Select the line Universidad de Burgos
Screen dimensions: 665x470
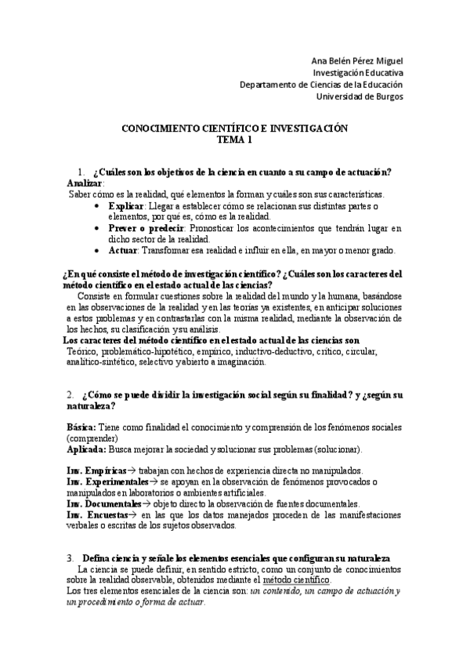pyautogui.click(x=360, y=96)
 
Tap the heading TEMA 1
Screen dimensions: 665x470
pyautogui.click(x=235, y=140)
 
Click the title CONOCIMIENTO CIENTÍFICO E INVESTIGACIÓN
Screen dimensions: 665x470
pyautogui.click(x=235, y=128)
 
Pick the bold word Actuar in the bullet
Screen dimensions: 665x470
pyautogui.click(x=124, y=251)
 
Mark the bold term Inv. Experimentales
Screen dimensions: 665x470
pyautogui.click(x=105, y=481)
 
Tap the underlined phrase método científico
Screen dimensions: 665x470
pyautogui.click(x=297, y=580)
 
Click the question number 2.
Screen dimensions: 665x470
pyautogui.click(x=70, y=394)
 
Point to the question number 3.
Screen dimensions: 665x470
pyautogui.click(x=70, y=557)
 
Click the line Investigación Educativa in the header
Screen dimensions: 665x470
pyautogui.click(x=358, y=72)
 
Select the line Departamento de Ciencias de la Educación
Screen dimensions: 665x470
pyautogui.click(x=321, y=85)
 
